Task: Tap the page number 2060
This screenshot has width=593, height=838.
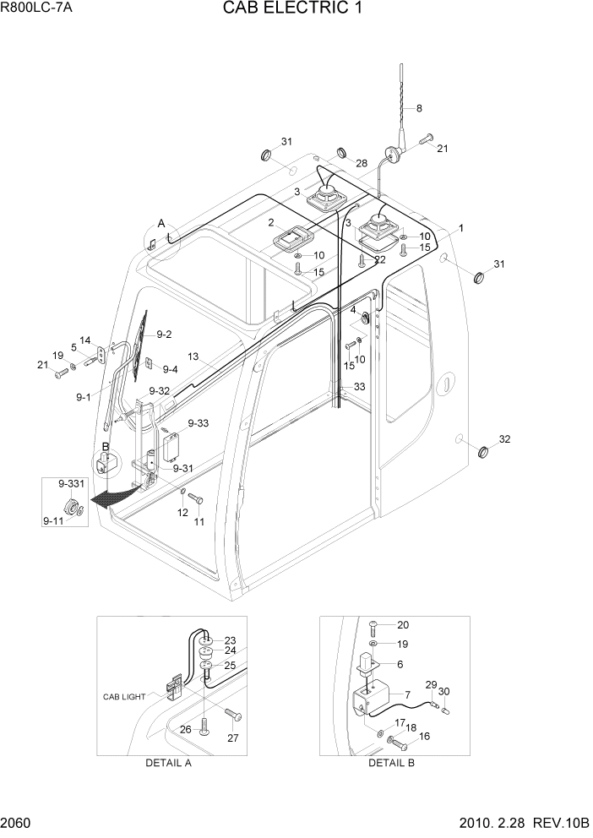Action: coord(18,824)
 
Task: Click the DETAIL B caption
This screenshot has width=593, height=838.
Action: coord(391,763)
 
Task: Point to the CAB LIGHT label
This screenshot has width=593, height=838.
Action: coord(124,697)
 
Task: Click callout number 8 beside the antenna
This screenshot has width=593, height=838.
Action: coord(418,108)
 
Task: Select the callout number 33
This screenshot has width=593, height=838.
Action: coord(360,387)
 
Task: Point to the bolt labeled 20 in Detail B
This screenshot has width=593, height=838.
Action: coord(378,626)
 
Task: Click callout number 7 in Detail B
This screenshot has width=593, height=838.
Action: coord(407,694)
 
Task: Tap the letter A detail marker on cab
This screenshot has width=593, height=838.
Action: coord(160,224)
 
